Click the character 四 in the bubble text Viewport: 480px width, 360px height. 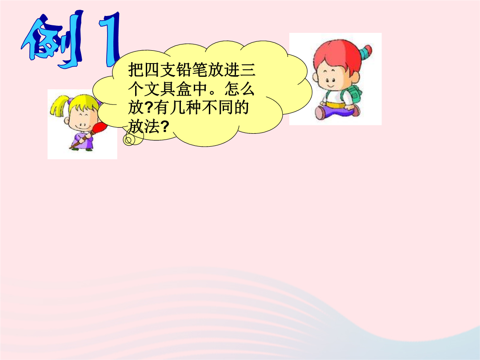pyautogui.click(x=152, y=70)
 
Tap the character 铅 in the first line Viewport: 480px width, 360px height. pyautogui.click(x=184, y=70)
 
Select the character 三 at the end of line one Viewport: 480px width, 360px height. pyautogui.click(x=248, y=70)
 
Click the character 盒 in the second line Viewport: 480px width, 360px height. pyautogui.click(x=184, y=89)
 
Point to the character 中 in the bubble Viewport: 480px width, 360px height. pyautogui.click(x=200, y=89)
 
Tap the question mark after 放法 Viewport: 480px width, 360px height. pyautogui.click(x=164, y=126)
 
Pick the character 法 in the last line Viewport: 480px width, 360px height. pyautogui.click(x=152, y=126)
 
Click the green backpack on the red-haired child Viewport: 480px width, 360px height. pyautogui.click(x=354, y=95)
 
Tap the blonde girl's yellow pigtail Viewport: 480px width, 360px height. pyautogui.click(x=58, y=106)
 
